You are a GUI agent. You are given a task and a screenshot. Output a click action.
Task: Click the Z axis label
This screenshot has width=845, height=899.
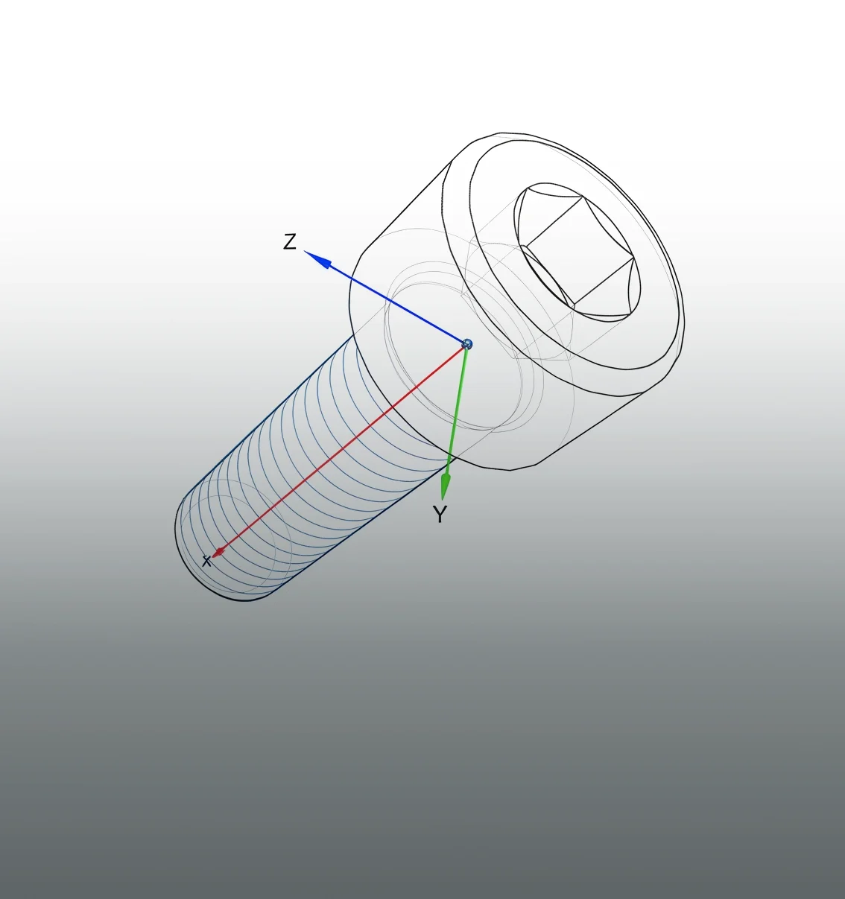click(290, 241)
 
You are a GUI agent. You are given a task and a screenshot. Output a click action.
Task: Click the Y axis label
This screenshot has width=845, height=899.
click(440, 514)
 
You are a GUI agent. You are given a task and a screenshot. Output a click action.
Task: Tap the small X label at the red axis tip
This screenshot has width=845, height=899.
click(206, 561)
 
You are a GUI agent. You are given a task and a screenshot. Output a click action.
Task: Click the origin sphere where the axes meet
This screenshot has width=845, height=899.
click(467, 343)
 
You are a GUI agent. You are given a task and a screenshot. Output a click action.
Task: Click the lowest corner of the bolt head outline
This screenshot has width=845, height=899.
click(510, 470)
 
